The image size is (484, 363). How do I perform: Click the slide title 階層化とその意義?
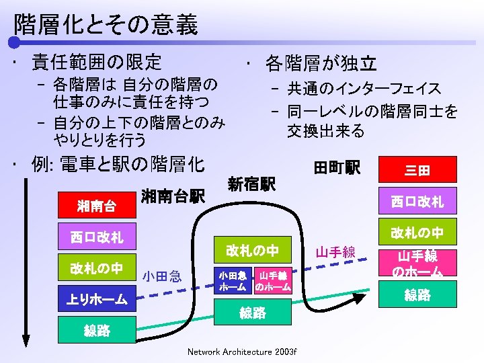tap(106, 25)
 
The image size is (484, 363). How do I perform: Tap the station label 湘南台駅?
tap(173, 196)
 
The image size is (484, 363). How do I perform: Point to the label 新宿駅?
tap(251, 184)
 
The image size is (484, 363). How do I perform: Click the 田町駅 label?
tap(337, 167)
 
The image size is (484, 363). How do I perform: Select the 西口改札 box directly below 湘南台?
tap(97, 237)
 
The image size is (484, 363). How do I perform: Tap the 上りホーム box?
tap(97, 300)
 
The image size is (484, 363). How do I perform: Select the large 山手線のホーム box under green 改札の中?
tap(417, 264)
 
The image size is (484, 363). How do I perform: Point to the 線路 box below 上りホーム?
tap(97, 331)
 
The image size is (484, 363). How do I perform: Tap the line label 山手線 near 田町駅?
tap(335, 253)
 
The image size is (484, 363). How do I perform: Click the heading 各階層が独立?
tap(321, 64)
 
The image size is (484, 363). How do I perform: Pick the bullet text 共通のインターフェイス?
tap(364, 89)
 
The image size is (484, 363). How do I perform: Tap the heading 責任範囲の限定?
tap(97, 63)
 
